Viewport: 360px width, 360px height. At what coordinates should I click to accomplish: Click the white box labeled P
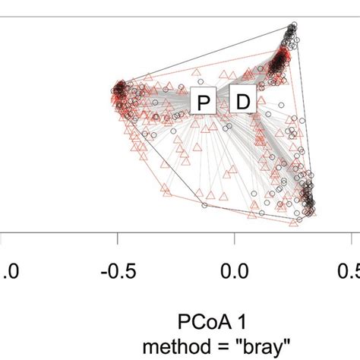[x=203, y=102]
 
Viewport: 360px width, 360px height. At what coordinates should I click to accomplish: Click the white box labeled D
[x=243, y=101]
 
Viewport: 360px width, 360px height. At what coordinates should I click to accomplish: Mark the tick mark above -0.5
[x=118, y=241]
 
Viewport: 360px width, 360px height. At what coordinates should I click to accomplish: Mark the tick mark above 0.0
[x=235, y=241]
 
